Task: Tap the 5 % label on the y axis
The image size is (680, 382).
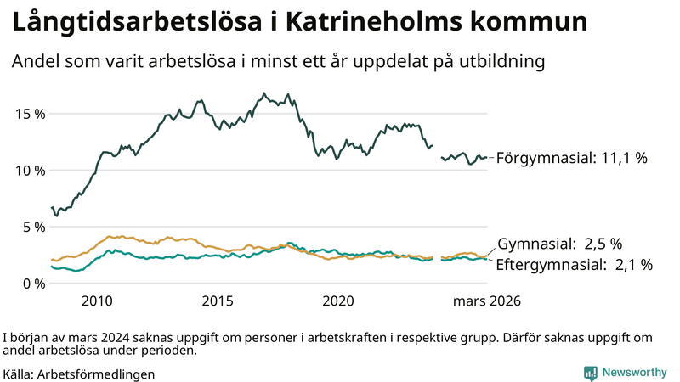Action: [30, 227]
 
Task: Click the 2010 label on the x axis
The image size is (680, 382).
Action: [97, 301]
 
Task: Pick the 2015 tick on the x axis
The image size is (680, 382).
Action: [218, 301]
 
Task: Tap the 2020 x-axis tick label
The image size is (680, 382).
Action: [338, 301]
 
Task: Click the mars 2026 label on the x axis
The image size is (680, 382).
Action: [486, 301]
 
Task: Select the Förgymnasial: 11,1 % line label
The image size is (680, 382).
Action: [572, 158]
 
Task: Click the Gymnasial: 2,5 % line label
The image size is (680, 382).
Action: [559, 244]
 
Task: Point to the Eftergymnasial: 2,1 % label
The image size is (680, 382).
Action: [574, 265]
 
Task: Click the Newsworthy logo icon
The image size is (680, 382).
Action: [590, 372]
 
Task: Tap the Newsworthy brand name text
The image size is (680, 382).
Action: [633, 372]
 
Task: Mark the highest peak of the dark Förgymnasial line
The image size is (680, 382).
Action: [263, 93]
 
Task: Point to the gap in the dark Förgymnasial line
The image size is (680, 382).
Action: [437, 151]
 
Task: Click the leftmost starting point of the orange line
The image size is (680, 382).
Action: [52, 260]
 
